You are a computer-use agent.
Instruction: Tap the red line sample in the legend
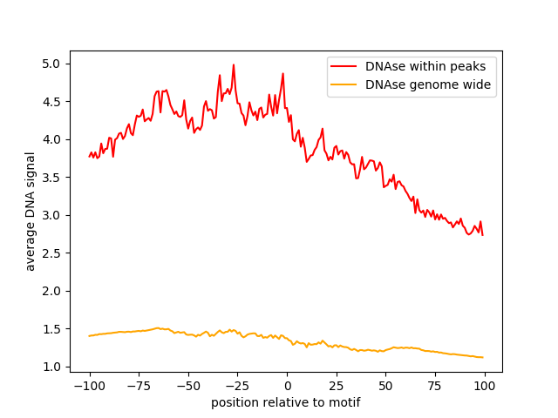pos(344,65)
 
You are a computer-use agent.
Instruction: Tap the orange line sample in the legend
pos(344,84)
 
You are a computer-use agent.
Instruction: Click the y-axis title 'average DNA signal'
pos(31,212)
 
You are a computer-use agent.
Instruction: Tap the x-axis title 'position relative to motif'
pos(286,402)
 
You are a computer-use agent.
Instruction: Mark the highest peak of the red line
pos(234,64)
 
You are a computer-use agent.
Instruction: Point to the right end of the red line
pos(483,235)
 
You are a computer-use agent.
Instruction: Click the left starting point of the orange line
pos(89,336)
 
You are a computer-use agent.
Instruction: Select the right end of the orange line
pos(483,357)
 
